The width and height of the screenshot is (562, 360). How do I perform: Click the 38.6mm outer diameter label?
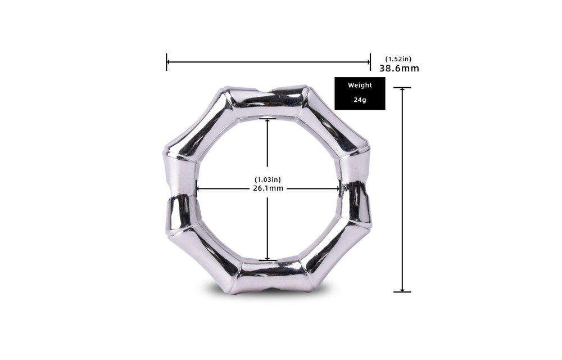[399, 69]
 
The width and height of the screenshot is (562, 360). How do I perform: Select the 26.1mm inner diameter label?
[268, 188]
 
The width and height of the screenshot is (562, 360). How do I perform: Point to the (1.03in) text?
[268, 179]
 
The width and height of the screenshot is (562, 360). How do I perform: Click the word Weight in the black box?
[360, 85]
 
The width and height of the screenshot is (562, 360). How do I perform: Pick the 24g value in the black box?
[360, 100]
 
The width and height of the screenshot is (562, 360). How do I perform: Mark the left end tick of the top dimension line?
[167, 62]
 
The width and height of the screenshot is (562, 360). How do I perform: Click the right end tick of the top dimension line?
[370, 62]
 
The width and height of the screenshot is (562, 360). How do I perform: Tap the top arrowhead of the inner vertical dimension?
[268, 121]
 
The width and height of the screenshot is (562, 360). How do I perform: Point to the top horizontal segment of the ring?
[266, 101]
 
